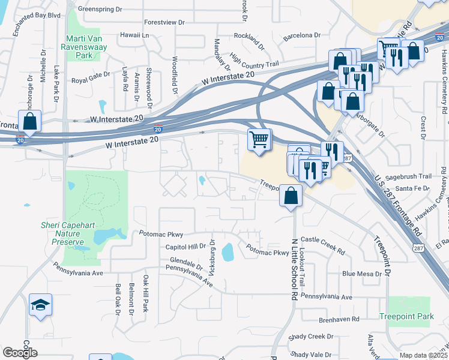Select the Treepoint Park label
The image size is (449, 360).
[x=406, y=316]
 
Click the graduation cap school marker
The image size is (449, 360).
[x=40, y=305]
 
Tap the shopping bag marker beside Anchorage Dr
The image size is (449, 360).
[x=29, y=121]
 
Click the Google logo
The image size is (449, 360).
[x=20, y=352]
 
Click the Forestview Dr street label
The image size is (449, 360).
[x=164, y=22]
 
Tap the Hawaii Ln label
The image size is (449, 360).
[x=134, y=35]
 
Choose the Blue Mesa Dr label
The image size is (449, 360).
[x=361, y=274]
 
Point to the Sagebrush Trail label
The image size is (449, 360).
[x=409, y=176]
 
